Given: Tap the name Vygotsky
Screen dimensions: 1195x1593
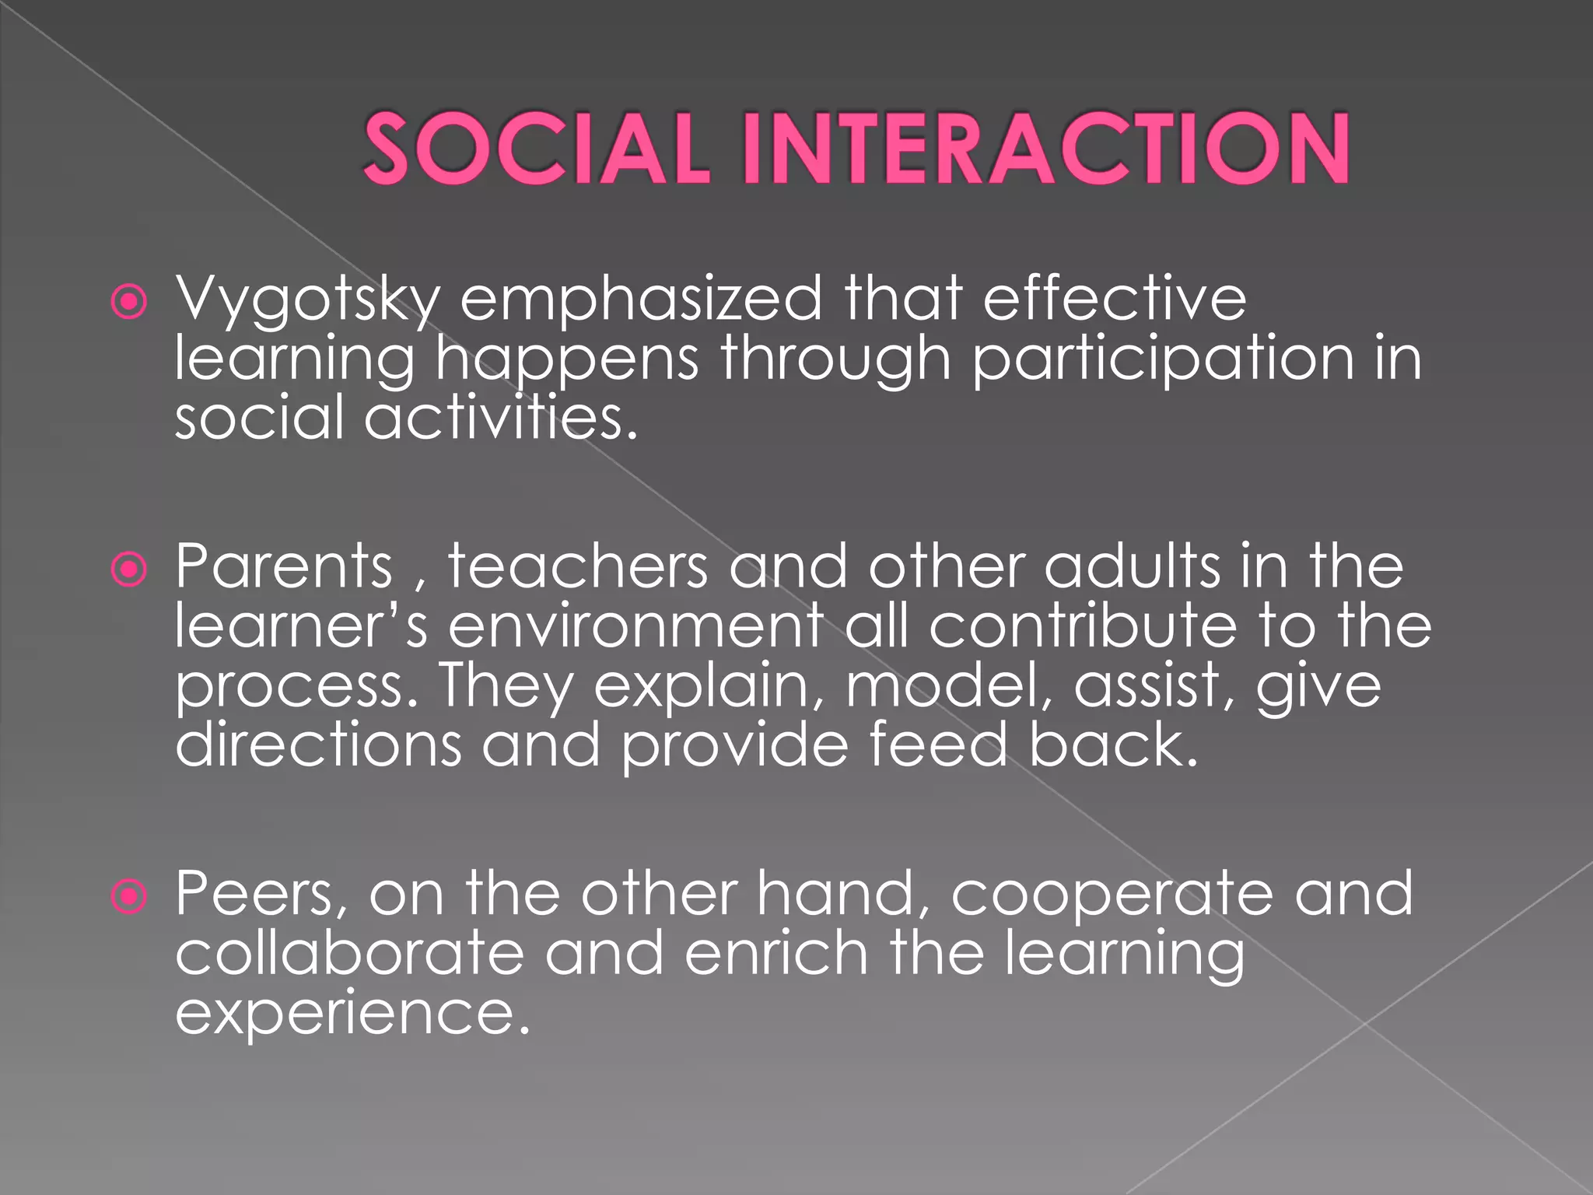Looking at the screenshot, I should [307, 300].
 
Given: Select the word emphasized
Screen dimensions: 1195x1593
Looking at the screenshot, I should [640, 300].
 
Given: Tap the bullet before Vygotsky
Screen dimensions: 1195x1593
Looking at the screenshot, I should [129, 302].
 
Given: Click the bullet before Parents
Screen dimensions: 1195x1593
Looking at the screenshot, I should [129, 569].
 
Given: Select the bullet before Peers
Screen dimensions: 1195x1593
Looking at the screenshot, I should [129, 897].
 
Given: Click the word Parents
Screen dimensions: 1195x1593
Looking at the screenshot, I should [284, 566].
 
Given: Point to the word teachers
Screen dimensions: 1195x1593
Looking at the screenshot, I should [577, 566].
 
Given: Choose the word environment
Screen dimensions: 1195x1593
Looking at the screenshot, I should [635, 626].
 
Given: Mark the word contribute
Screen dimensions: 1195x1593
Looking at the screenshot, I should [1082, 626].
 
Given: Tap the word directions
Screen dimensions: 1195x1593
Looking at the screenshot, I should [318, 745].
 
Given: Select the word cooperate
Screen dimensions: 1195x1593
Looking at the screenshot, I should [1112, 895].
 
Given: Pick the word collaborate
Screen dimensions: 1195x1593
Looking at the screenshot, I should [349, 954].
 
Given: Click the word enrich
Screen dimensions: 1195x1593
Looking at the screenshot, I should [775, 954].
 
